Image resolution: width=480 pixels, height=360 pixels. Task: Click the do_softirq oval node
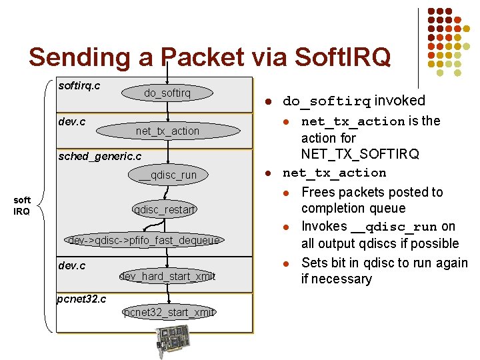[x=167, y=93]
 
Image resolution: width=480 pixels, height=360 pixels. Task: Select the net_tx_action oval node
[x=167, y=131]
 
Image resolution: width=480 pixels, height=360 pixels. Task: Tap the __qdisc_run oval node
[x=167, y=175]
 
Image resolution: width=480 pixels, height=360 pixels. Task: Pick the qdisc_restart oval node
[x=164, y=210]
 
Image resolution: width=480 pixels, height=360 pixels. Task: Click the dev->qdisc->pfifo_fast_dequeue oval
[x=145, y=240]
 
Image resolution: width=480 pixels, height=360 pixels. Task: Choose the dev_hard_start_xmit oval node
[x=167, y=276]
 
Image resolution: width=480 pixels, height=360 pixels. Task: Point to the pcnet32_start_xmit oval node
[x=168, y=312]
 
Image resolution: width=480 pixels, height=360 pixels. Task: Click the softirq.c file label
[x=79, y=85]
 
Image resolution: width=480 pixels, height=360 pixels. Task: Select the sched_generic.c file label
[x=99, y=156]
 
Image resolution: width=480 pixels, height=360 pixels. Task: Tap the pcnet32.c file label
[x=81, y=298]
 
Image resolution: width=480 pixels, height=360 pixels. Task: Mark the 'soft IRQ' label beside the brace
[x=22, y=205]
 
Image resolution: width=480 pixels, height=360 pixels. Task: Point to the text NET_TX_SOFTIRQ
[x=360, y=155]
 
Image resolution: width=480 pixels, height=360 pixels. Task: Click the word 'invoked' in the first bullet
[x=399, y=101]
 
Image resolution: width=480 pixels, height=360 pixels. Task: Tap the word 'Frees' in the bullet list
[x=319, y=192]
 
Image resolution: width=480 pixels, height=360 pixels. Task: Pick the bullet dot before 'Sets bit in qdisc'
[x=285, y=263]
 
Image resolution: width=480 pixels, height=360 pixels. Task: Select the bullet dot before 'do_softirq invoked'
[x=266, y=102]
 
